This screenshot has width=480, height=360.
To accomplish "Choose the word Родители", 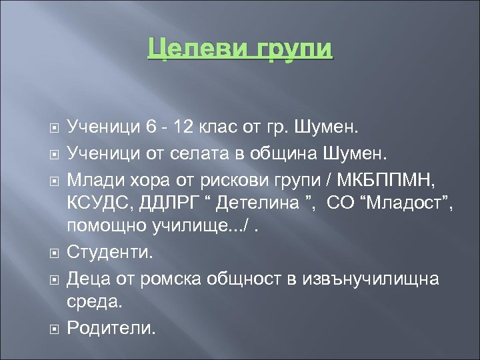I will coord(111,327).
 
